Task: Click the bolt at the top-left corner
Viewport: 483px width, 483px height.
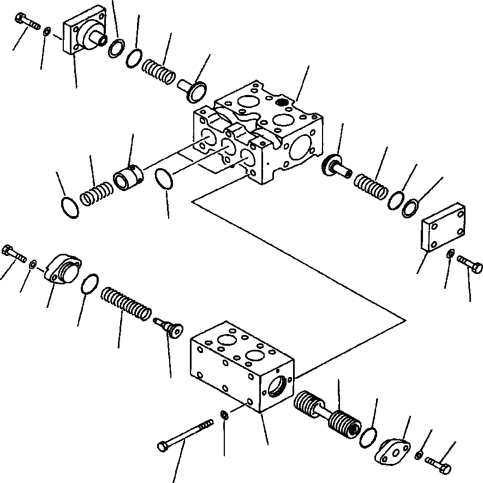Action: (26, 22)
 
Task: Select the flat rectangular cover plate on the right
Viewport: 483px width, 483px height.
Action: (443, 228)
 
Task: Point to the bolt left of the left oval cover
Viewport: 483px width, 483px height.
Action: (14, 254)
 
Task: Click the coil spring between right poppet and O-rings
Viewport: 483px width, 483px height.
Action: (372, 186)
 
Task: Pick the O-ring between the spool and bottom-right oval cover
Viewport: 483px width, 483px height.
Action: (368, 436)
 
